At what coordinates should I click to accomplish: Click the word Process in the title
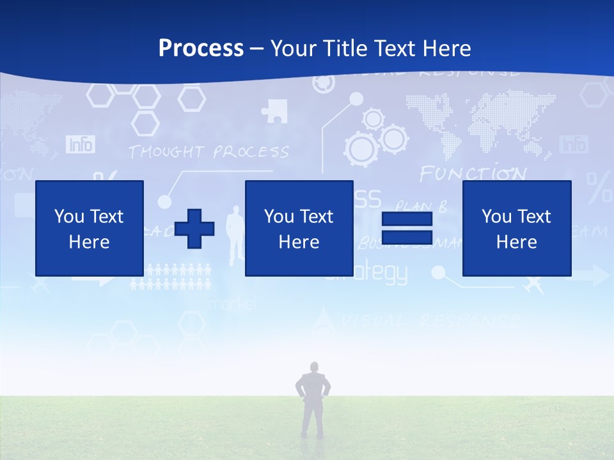(201, 48)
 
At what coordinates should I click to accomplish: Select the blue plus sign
(194, 228)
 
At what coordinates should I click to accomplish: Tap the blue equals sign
(407, 228)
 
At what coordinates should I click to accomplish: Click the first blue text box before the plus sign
(90, 228)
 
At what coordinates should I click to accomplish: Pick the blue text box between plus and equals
(299, 228)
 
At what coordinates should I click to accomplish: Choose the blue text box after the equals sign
(516, 228)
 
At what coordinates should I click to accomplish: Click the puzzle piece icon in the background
(274, 111)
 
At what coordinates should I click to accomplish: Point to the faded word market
(232, 304)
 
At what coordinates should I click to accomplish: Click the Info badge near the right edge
(572, 144)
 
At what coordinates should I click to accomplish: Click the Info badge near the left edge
(80, 144)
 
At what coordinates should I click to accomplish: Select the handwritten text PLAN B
(420, 206)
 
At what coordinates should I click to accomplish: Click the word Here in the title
(447, 48)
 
